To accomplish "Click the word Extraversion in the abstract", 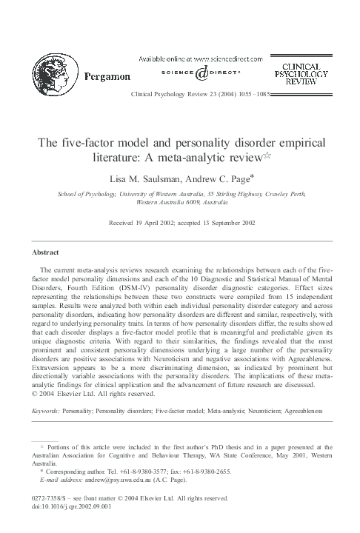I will pos(64,366).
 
